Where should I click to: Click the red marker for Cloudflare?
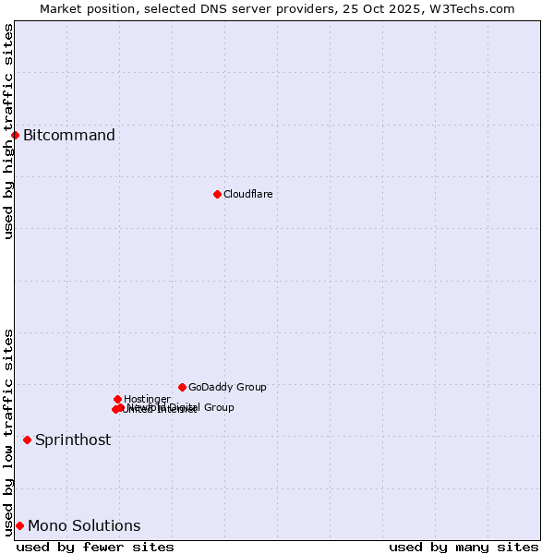[x=217, y=194]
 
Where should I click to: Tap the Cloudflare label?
[x=247, y=194]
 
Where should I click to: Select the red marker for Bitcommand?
[x=15, y=135]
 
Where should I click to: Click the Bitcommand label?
[x=69, y=136]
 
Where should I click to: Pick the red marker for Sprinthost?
[x=27, y=440]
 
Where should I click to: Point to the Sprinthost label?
[x=73, y=440]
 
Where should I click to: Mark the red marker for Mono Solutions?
[x=19, y=525]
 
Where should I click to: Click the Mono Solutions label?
[x=84, y=526]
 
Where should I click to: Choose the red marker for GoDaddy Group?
[x=182, y=387]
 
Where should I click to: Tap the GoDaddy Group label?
[x=227, y=387]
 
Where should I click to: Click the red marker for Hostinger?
[x=117, y=399]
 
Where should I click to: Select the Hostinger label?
[x=147, y=399]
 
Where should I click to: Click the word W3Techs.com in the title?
[x=474, y=8]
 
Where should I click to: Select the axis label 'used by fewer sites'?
[x=95, y=547]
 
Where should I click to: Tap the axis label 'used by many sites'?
[x=464, y=547]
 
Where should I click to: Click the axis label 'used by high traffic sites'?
[x=8, y=130]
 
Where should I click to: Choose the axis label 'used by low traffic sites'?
[x=8, y=431]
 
